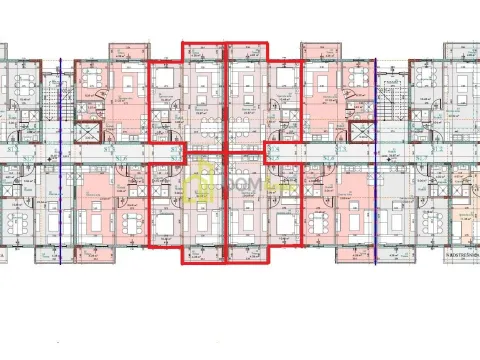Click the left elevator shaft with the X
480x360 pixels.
(88, 131)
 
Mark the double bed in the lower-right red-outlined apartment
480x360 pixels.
(284, 219)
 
